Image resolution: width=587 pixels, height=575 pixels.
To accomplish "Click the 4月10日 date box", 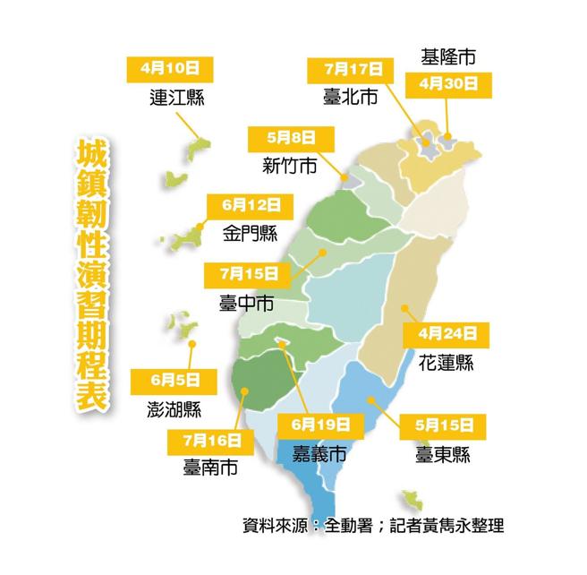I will tap(176, 67).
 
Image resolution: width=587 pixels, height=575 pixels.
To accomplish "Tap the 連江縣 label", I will tap(177, 97).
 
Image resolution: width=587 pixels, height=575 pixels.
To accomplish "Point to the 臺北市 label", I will tap(350, 97).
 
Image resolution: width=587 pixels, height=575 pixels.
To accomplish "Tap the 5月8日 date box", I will tap(292, 138).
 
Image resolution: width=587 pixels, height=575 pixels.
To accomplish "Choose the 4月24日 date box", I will tap(447, 334).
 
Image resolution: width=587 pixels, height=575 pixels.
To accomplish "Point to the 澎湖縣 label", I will tap(174, 409).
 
